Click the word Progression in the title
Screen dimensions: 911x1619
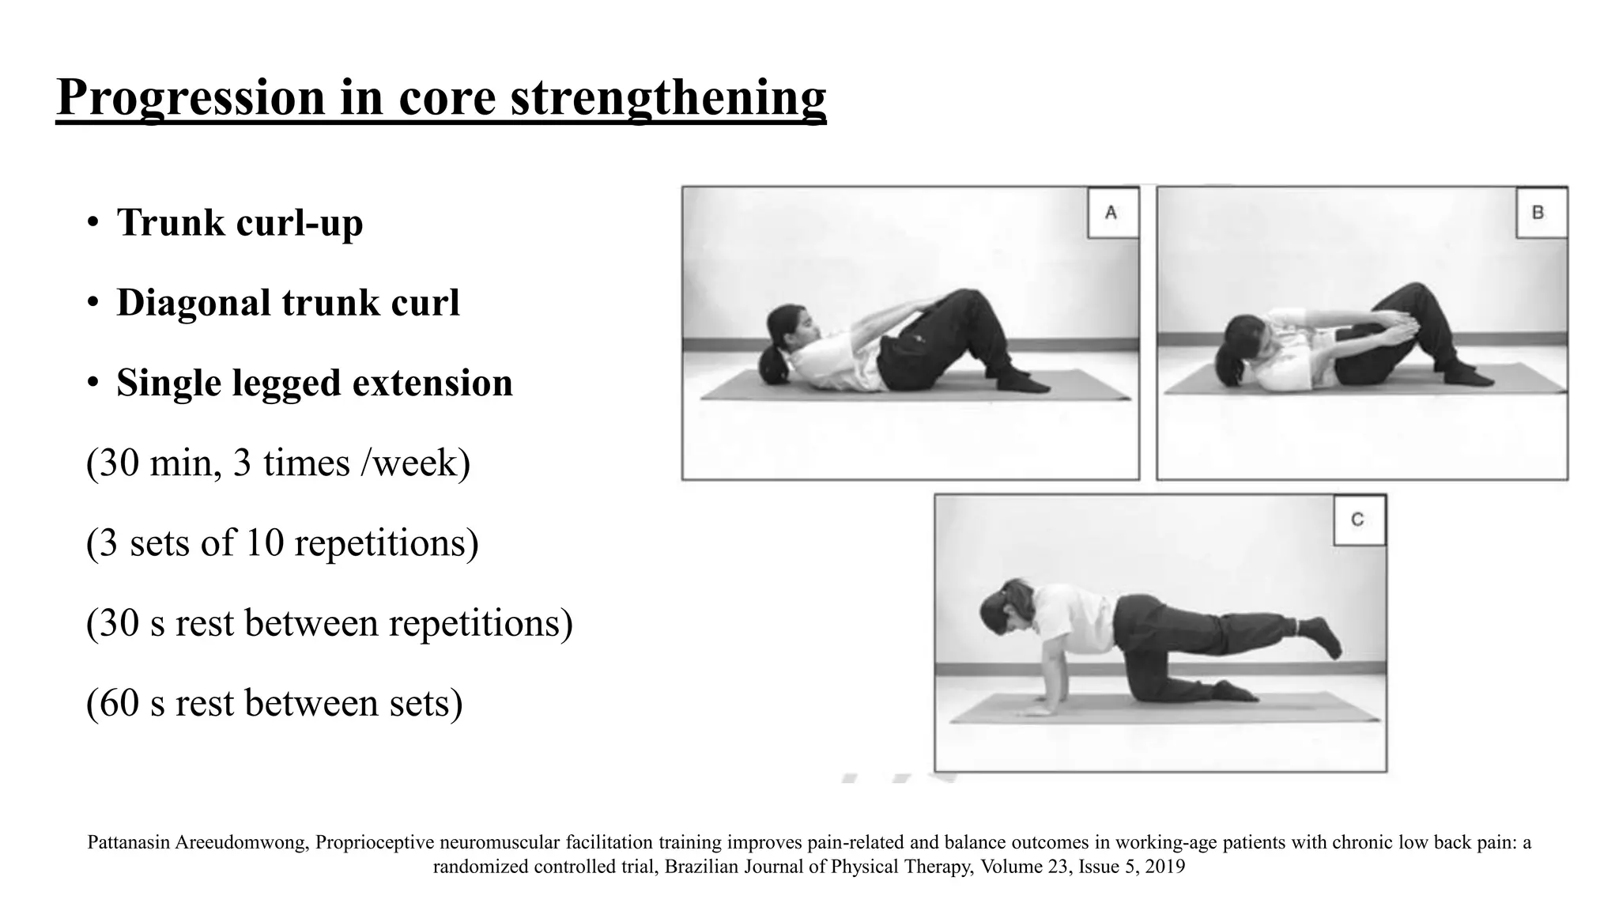pos(191,98)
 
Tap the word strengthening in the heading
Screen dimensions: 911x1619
pos(668,98)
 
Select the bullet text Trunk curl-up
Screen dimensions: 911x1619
pos(240,222)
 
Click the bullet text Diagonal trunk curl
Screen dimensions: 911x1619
pos(288,303)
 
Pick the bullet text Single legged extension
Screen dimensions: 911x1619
pos(315,383)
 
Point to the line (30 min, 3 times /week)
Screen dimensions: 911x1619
pos(278,463)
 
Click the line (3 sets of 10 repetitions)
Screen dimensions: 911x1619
pos(282,543)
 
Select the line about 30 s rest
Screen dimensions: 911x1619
pos(329,623)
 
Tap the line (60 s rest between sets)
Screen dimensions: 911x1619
pos(274,703)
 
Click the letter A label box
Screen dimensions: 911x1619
pos(1111,213)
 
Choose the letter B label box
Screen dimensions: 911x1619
pos(1539,213)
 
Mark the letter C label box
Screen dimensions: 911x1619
pos(1358,520)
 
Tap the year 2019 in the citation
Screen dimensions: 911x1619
pos(1164,867)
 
